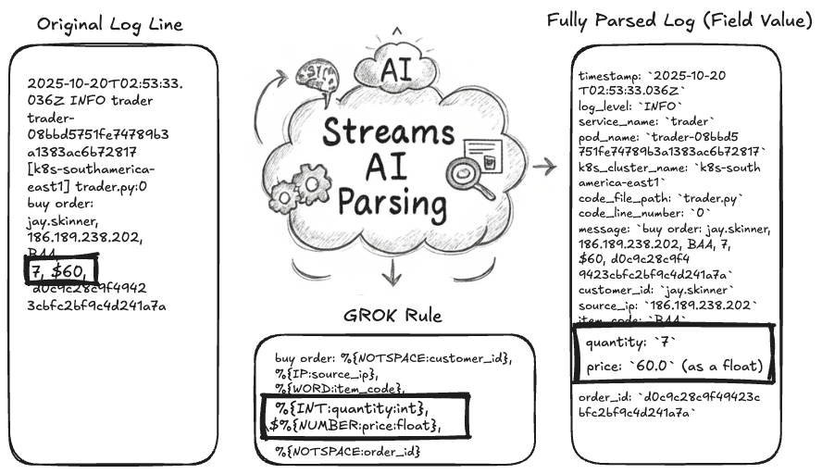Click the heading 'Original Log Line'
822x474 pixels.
tap(110, 24)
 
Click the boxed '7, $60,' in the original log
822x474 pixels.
tap(58, 270)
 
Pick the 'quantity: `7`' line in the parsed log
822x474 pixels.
tap(620, 343)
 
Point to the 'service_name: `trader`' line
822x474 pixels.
tap(647, 121)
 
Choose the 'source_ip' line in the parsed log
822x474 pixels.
tap(667, 306)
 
